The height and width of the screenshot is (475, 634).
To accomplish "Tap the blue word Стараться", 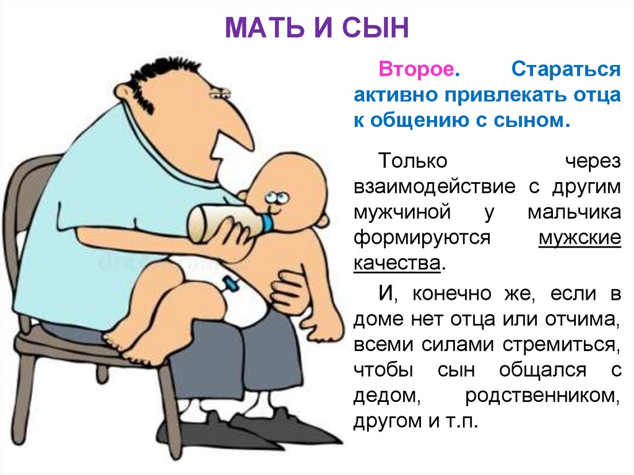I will tap(565, 69).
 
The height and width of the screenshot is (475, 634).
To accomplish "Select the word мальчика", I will tap(574, 212).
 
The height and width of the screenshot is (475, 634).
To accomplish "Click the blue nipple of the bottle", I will tap(269, 224).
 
